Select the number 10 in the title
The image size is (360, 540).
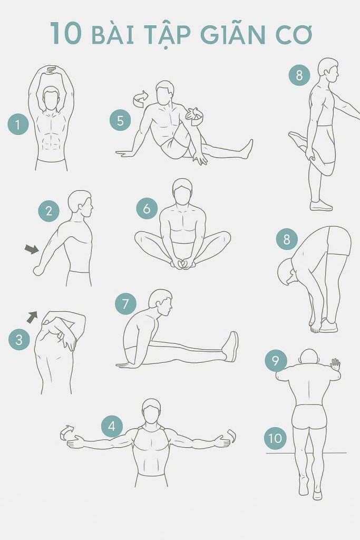[x=66, y=33]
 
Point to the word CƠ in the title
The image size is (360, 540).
[x=294, y=34]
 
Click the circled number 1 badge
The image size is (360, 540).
[x=18, y=124]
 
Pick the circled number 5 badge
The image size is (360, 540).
[x=120, y=121]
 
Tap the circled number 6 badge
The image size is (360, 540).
[x=147, y=208]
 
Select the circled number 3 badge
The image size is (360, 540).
[x=19, y=340]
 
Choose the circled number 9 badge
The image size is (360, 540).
[x=275, y=361]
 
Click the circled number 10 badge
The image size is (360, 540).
[x=275, y=438]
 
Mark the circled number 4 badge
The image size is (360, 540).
[x=112, y=426]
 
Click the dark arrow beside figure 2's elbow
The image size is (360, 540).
[x=32, y=249]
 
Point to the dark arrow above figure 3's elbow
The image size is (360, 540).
[x=32, y=317]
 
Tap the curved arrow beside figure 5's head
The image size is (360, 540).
[x=140, y=99]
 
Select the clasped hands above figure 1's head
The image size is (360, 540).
[x=51, y=70]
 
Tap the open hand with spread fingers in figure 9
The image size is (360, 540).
[x=335, y=364]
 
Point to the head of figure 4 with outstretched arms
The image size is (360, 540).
[x=151, y=411]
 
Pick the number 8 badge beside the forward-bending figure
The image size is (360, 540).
[x=287, y=239]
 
